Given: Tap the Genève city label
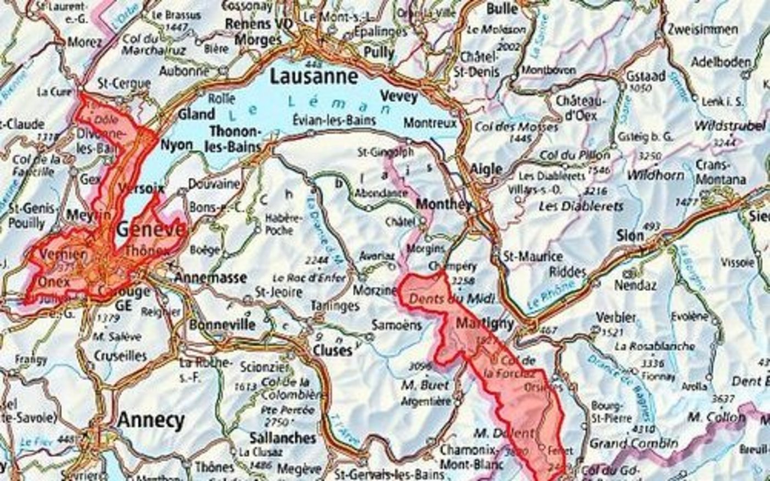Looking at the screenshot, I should click(150, 229).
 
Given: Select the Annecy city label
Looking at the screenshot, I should click(151, 421).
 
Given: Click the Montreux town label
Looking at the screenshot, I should click(430, 123).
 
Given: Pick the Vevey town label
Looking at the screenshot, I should click(399, 96).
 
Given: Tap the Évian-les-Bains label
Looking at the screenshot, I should click(334, 120).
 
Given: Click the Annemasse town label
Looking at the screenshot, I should click(210, 278).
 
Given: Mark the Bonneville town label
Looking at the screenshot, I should click(222, 324).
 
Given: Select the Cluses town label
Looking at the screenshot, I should click(332, 350).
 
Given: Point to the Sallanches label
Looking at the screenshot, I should click(283, 438).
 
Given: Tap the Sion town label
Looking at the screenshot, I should click(630, 235).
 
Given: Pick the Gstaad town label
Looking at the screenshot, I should click(646, 76).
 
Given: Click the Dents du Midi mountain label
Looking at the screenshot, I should click(452, 300).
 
